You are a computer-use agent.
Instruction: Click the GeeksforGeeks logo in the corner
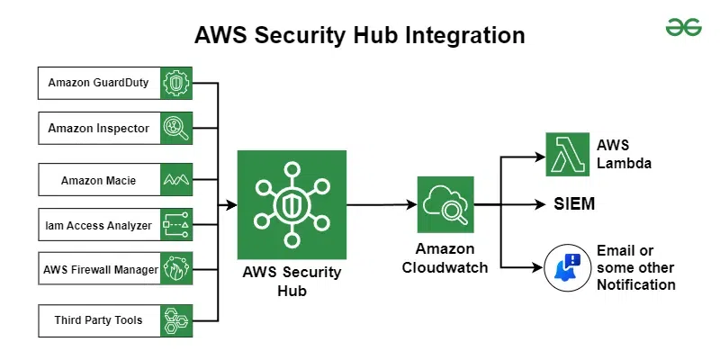(683, 28)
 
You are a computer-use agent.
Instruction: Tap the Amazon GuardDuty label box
(99, 83)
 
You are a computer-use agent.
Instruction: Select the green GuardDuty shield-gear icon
(176, 83)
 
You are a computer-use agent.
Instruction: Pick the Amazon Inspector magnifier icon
(176, 129)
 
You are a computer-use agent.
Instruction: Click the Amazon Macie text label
(99, 180)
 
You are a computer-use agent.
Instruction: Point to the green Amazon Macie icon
(176, 180)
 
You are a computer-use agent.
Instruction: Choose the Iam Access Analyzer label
(99, 225)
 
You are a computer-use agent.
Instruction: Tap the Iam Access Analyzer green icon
(176, 225)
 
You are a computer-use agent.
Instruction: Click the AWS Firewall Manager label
(100, 269)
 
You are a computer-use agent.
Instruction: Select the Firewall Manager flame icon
(176, 269)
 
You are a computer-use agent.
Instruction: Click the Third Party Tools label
(99, 320)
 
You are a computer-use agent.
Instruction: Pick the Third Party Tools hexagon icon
(176, 320)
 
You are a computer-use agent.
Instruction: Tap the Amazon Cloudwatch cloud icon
(445, 205)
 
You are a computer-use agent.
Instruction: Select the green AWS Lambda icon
(566, 154)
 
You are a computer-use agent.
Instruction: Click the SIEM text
(574, 204)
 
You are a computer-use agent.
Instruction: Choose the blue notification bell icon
(566, 267)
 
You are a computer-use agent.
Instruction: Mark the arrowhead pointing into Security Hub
(231, 205)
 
